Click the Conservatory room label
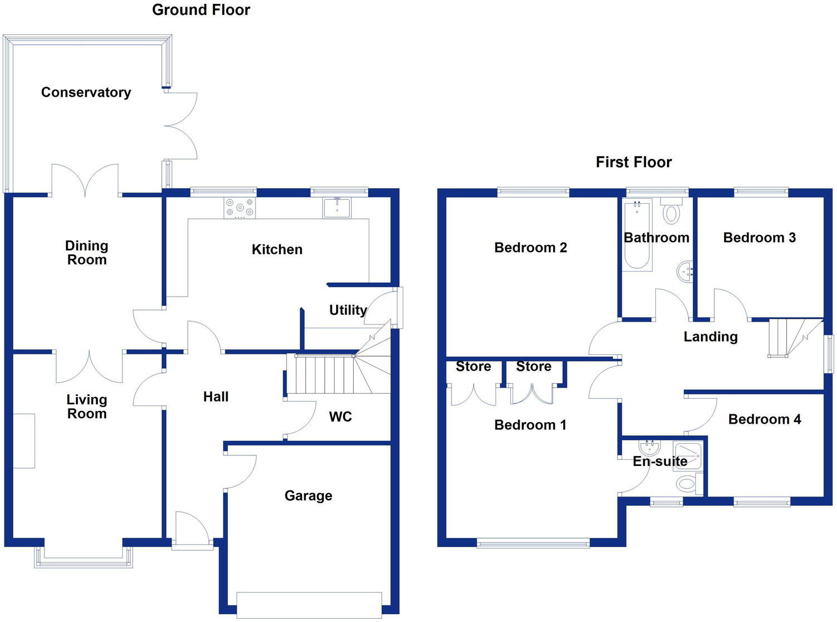pos(86,92)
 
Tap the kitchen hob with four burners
pos(240,208)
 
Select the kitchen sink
pos(337,208)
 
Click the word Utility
pos(348,310)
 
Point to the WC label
pos(340,417)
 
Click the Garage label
pos(308,495)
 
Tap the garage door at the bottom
pos(309,605)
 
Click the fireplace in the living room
pos(24,440)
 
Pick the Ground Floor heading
pos(201,10)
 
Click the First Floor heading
pos(634,162)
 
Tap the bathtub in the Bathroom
pos(638,236)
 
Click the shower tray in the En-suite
pos(688,455)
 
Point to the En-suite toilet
pos(688,484)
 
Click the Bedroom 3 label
pos(759,238)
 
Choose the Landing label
pos(710,337)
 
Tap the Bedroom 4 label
pos(764,419)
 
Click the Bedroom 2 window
pos(533,193)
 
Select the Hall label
pos(216,397)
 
